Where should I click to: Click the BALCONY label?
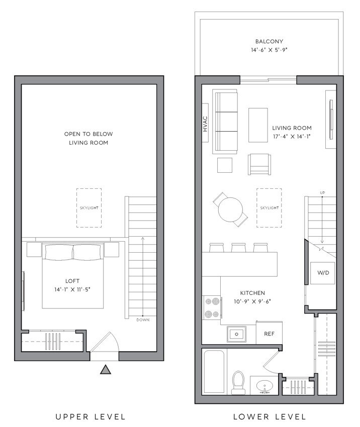point(269,42)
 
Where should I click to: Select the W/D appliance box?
point(321,273)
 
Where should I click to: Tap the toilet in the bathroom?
point(238,382)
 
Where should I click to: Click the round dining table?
point(230,209)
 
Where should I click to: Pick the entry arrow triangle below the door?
point(105,370)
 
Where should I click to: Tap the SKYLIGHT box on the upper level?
point(89,207)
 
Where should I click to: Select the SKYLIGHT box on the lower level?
point(269,207)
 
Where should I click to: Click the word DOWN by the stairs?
point(143,320)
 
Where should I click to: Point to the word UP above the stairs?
point(322,193)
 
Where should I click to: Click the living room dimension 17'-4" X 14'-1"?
point(292,136)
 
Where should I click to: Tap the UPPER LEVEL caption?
point(91,416)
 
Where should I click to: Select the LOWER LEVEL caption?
point(269,416)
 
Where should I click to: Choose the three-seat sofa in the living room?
point(225,122)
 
